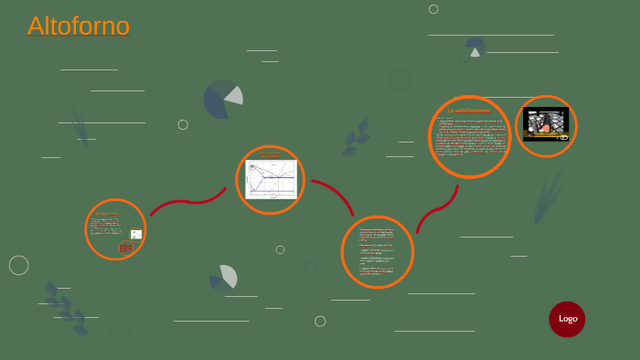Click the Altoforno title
point(79,26)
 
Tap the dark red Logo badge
point(567,319)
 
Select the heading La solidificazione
point(468,111)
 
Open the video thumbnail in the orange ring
point(546,124)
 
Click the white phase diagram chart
point(272,180)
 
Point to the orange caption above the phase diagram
point(270,155)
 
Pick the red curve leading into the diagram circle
point(187,202)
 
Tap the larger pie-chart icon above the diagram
point(222,100)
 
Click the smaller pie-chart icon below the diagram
point(224,277)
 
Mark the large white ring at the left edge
point(18,265)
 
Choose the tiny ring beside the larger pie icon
point(183,124)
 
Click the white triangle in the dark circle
point(475,52)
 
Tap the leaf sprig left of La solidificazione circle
point(356,138)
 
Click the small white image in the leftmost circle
point(136,234)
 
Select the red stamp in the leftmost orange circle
point(126,247)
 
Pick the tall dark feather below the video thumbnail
point(548,194)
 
